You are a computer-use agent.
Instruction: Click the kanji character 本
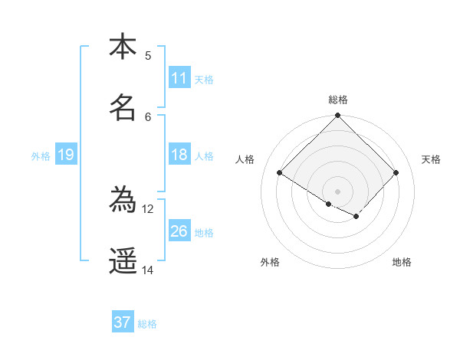(123, 47)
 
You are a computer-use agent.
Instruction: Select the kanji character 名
(123, 109)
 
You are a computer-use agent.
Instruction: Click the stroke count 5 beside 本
(148, 55)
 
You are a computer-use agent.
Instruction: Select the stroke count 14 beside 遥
(148, 270)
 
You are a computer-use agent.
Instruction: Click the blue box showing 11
(179, 78)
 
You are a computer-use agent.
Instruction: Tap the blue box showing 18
(179, 155)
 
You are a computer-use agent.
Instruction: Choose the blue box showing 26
(179, 231)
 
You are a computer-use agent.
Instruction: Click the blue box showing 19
(65, 155)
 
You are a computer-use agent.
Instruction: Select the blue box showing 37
(123, 322)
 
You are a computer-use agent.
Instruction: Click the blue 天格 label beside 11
(204, 79)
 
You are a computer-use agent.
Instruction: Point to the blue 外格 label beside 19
(41, 155)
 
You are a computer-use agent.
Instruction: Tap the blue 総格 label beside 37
(147, 323)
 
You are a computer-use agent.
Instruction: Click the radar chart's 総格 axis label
(338, 100)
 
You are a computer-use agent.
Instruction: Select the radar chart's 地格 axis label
(402, 262)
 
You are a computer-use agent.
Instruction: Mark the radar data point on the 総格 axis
(338, 116)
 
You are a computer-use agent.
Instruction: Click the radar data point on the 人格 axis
(280, 173)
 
